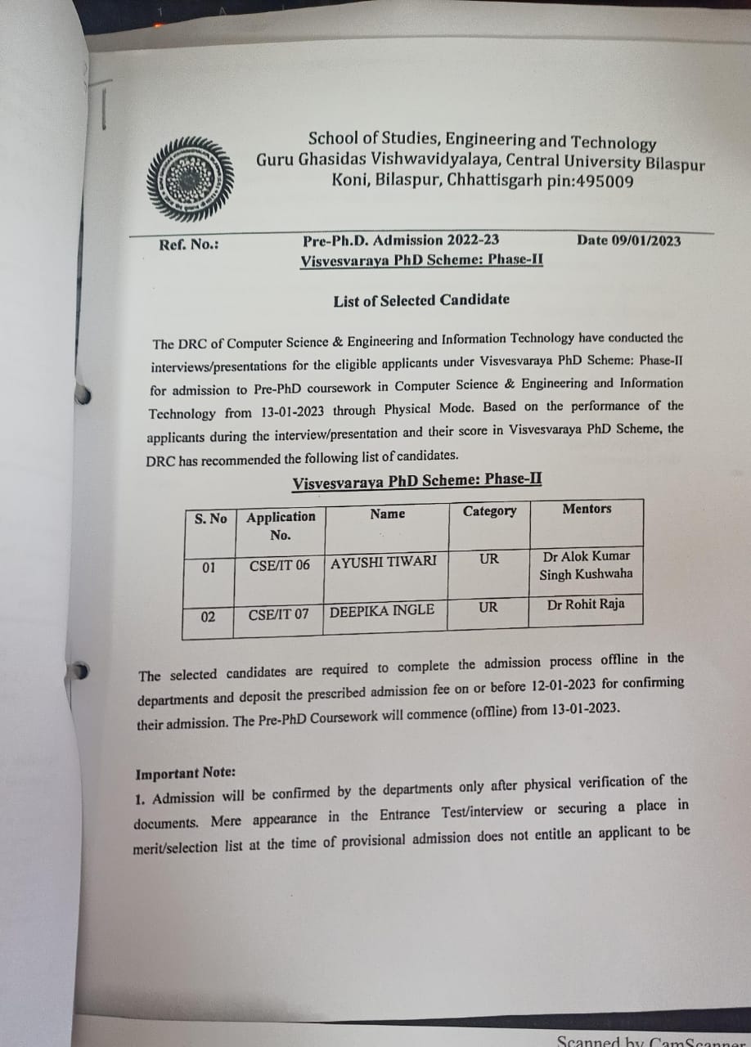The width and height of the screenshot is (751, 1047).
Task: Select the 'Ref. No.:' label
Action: click(189, 244)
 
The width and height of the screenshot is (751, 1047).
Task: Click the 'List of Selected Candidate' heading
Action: click(421, 300)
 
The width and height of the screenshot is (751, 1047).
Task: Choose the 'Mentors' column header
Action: click(587, 509)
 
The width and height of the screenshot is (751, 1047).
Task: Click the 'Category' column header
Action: click(489, 511)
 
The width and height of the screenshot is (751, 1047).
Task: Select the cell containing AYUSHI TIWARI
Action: click(384, 562)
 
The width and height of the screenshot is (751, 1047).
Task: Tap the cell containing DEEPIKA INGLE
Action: click(382, 610)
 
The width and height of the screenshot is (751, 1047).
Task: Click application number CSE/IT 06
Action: click(280, 565)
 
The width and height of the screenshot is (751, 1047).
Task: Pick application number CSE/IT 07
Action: click(279, 613)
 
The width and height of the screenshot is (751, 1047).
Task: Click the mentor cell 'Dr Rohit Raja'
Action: click(586, 604)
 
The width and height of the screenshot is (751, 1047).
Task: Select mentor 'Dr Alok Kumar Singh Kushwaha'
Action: click(586, 565)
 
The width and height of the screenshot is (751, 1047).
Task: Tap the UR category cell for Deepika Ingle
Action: click(488, 607)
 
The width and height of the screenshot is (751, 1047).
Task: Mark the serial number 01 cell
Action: click(209, 567)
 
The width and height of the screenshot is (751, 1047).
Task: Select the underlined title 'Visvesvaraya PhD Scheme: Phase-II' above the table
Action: click(417, 481)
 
